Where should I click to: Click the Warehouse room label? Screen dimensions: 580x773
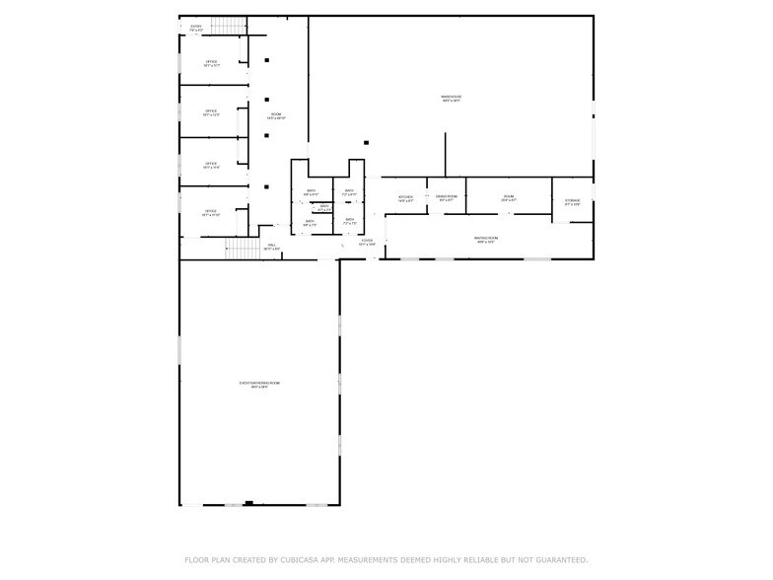click(452, 98)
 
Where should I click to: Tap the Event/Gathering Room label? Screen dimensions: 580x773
click(259, 385)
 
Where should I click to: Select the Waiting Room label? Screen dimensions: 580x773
click(485, 239)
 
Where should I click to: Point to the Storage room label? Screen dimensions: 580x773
click(573, 203)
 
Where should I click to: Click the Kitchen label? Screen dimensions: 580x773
click(405, 198)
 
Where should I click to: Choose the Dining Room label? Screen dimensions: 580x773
click(447, 197)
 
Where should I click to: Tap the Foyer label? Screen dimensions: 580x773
click(367, 242)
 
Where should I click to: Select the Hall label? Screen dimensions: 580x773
click(271, 247)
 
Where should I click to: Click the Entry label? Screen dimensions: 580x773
click(196, 28)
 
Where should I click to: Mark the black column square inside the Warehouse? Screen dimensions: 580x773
click(367, 142)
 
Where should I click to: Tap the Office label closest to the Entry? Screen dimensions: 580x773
click(211, 63)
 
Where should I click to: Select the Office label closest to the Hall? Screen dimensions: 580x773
click(211, 212)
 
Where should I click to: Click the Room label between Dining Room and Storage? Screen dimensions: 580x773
click(509, 198)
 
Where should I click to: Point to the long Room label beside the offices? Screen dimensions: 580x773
click(276, 116)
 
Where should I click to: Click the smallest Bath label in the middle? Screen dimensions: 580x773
click(324, 208)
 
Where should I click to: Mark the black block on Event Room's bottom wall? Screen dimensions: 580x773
click(248, 503)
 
